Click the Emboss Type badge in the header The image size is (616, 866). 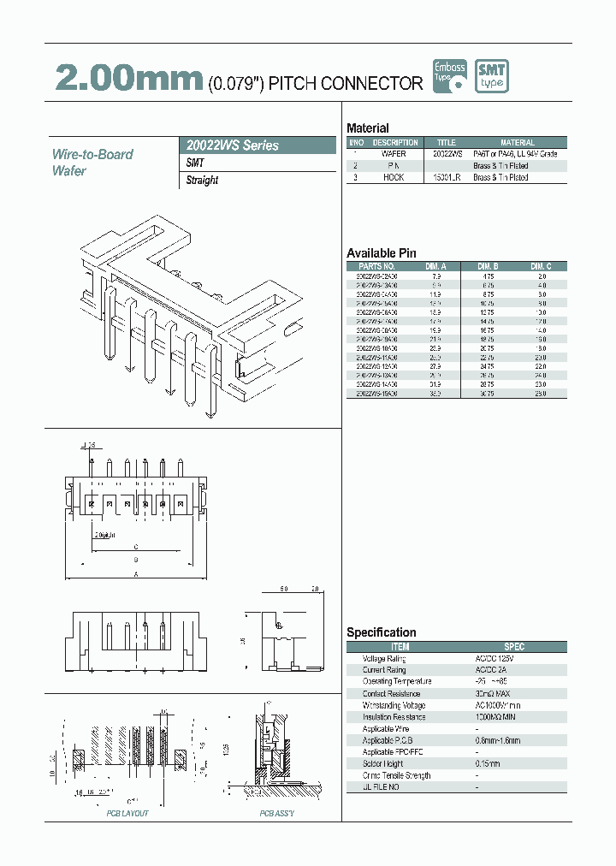pyautogui.click(x=450, y=76)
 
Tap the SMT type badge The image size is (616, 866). pyautogui.click(x=492, y=76)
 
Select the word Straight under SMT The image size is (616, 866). pyautogui.click(x=202, y=181)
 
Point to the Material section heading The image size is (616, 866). pyautogui.click(x=367, y=128)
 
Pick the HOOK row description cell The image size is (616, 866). pyautogui.click(x=394, y=177)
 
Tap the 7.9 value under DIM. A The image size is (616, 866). pyautogui.click(x=435, y=277)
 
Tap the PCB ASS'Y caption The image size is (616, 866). pyautogui.click(x=276, y=813)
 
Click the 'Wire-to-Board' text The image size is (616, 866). pyautogui.click(x=92, y=154)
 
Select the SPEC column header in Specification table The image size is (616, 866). pyautogui.click(x=513, y=647)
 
